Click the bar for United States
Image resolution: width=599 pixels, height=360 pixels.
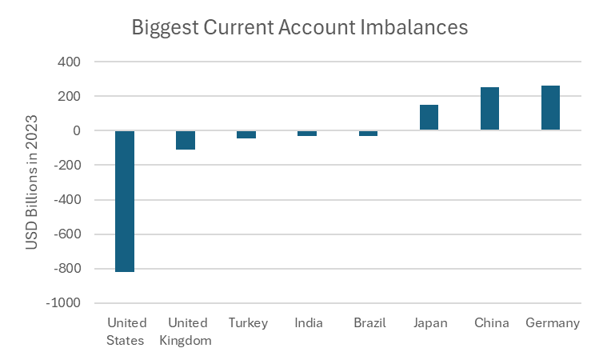[125, 201]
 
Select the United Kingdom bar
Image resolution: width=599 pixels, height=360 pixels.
[186, 140]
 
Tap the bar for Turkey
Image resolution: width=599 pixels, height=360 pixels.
[246, 134]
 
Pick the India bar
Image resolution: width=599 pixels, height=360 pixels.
[307, 133]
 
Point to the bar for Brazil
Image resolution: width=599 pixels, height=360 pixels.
[368, 133]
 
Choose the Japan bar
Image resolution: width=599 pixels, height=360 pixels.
[429, 118]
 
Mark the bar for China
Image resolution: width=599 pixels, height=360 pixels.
[489, 109]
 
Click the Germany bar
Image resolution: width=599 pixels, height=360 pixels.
[550, 108]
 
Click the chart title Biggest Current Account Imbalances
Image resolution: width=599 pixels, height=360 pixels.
[299, 27]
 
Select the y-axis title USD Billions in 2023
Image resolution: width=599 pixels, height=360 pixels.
[32, 182]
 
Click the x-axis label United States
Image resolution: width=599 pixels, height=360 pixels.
[126, 332]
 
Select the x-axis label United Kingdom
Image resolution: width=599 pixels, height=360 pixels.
[187, 332]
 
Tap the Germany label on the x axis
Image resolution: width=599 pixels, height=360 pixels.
[552, 323]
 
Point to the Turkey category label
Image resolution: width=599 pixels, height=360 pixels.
[248, 323]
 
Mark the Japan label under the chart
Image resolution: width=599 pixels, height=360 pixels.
[430, 323]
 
